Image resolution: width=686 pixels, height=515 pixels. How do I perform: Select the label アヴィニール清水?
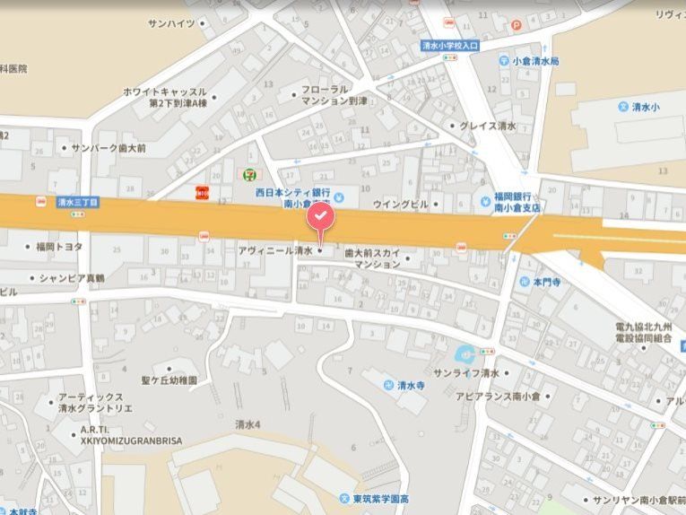(x=276, y=252)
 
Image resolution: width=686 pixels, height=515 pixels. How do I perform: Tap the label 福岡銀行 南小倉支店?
(x=517, y=201)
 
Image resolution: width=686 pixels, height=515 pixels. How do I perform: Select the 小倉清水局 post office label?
(x=534, y=61)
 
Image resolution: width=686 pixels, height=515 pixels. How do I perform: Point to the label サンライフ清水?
(x=465, y=372)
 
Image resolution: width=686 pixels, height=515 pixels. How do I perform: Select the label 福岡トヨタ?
(x=59, y=247)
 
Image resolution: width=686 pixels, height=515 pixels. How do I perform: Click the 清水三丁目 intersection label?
(x=76, y=203)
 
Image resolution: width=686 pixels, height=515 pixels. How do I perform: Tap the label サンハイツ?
(x=170, y=22)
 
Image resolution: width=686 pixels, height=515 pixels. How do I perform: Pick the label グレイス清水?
(x=487, y=127)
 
